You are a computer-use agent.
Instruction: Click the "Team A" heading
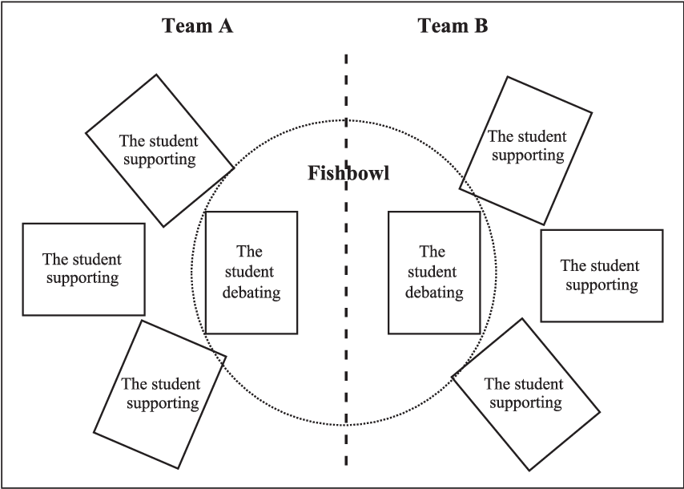(x=197, y=26)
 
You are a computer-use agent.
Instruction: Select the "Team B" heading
(x=453, y=26)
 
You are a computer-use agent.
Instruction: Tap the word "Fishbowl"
(x=349, y=173)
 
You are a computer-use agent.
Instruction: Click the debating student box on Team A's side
(x=251, y=273)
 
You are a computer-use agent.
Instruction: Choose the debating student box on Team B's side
(x=433, y=273)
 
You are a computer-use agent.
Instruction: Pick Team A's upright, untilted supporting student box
(x=83, y=269)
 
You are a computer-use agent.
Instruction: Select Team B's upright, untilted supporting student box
(x=602, y=275)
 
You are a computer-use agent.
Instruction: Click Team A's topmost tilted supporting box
(x=159, y=150)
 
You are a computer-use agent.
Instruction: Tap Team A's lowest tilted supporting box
(x=160, y=394)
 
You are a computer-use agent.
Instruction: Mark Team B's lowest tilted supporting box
(x=525, y=394)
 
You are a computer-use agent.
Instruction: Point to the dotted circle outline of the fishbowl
(x=192, y=273)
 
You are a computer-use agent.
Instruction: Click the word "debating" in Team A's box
(x=251, y=293)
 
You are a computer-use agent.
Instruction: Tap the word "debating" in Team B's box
(x=433, y=293)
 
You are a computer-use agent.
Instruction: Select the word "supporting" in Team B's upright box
(x=601, y=285)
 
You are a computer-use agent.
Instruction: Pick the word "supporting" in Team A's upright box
(x=82, y=278)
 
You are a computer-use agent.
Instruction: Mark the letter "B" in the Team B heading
(x=481, y=26)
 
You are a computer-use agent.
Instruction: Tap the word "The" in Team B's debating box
(x=433, y=253)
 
